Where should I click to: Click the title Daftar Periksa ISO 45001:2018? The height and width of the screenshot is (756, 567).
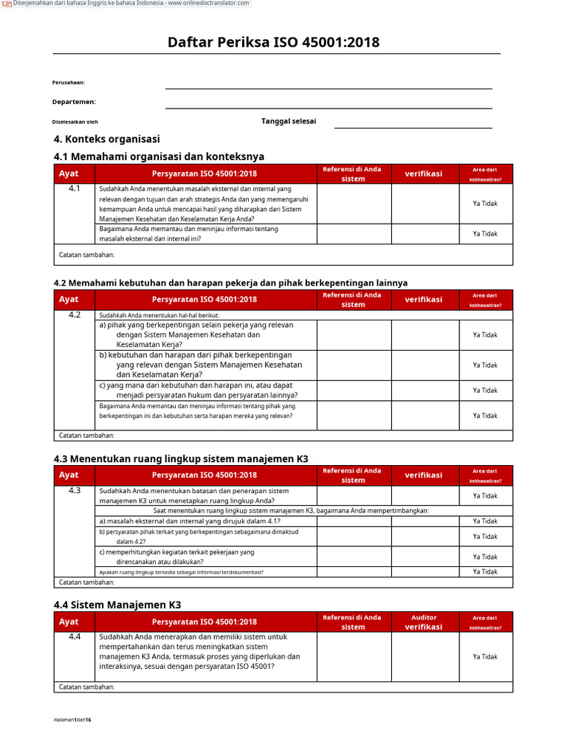(x=274, y=42)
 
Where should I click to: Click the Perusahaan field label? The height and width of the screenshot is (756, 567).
(x=68, y=83)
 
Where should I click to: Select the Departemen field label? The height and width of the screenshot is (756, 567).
(x=74, y=102)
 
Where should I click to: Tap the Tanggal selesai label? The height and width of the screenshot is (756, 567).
(x=289, y=121)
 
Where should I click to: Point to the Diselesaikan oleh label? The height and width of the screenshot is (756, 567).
(x=75, y=122)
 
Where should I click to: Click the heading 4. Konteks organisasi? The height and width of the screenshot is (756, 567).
(x=107, y=139)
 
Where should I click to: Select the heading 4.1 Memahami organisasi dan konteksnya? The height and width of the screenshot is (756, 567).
(x=159, y=156)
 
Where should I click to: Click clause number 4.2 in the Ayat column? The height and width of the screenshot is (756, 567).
(x=75, y=315)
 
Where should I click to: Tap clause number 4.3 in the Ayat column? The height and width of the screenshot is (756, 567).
(x=75, y=491)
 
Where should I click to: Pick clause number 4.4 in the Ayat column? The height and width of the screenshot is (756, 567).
(x=75, y=637)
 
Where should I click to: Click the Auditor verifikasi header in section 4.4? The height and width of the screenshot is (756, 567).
(x=424, y=622)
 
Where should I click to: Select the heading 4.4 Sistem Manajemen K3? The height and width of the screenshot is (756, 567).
(x=117, y=605)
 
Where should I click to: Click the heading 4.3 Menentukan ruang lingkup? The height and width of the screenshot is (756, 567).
(x=181, y=458)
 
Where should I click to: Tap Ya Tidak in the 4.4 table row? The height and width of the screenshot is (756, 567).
(x=485, y=656)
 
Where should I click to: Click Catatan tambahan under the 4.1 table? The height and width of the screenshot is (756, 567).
(x=86, y=255)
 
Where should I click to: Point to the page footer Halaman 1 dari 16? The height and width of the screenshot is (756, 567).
(x=72, y=720)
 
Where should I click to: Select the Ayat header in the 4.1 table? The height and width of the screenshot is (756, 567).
(x=69, y=173)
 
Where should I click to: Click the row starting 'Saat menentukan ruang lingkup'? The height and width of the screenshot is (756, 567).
(x=291, y=511)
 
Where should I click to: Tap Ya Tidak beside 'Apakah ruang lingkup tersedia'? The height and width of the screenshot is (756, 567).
(x=485, y=571)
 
